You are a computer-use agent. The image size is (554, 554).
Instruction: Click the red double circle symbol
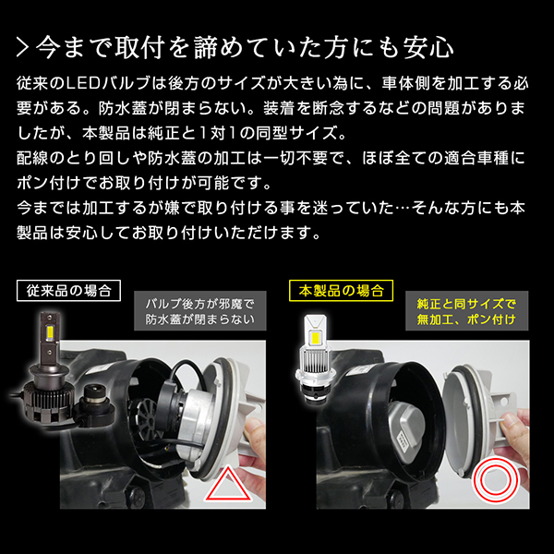point(495,480)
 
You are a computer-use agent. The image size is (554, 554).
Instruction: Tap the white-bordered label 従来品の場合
point(68,291)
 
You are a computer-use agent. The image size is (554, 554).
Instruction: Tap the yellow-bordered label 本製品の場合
point(341,291)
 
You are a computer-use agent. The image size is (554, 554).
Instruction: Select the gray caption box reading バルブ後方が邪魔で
point(200,311)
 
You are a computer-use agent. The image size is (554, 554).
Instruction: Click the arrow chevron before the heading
point(22,48)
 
